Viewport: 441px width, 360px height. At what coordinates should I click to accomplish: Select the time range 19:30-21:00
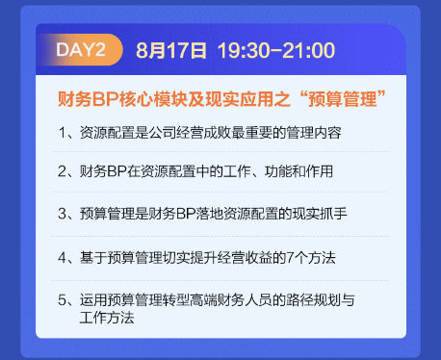click(275, 48)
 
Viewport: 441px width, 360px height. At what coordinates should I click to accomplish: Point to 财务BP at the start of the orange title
click(84, 99)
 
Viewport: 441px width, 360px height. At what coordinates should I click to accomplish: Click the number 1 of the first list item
click(62, 132)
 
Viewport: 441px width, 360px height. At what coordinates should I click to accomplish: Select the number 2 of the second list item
click(62, 171)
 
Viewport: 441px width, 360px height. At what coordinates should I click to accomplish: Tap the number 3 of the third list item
click(62, 213)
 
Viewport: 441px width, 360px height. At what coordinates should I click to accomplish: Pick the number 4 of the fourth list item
click(62, 257)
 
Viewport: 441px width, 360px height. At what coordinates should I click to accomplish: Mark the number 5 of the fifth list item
click(62, 299)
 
